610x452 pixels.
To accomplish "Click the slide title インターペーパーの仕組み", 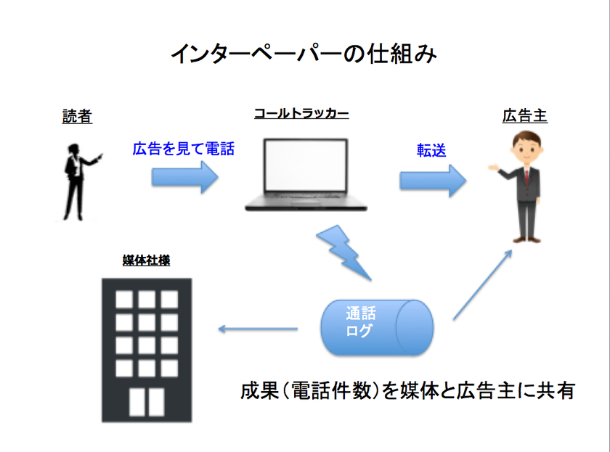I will [304, 54].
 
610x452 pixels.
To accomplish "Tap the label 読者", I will [77, 116].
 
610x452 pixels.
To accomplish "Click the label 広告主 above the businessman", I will [524, 116].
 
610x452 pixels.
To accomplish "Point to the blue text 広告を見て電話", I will [183, 149].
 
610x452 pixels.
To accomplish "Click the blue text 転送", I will [430, 150].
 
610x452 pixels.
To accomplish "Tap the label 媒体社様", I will [147, 260].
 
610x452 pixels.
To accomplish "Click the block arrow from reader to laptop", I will [184, 177].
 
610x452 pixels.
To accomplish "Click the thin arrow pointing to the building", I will [258, 329].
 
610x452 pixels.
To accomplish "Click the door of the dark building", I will [147, 400].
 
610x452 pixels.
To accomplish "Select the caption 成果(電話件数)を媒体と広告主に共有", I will [407, 391].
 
